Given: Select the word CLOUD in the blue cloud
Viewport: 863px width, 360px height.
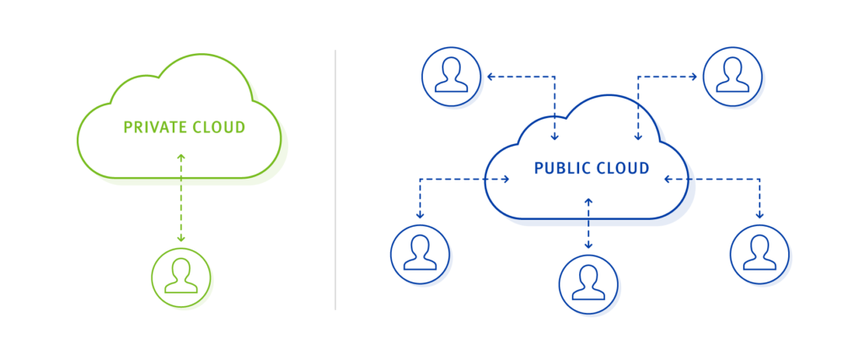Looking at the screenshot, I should tap(623, 169).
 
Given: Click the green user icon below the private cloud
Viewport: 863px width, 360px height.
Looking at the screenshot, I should tap(180, 277).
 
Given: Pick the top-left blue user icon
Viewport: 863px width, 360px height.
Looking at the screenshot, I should tap(451, 77).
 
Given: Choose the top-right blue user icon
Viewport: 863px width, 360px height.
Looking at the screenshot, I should tap(732, 77).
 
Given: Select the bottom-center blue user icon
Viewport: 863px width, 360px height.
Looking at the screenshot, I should tap(588, 283).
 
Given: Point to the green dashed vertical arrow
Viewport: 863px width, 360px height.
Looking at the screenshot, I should tap(180, 198).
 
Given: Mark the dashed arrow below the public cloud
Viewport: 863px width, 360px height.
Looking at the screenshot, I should tap(588, 223).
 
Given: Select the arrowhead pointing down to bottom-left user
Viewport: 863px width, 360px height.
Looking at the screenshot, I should tap(420, 215).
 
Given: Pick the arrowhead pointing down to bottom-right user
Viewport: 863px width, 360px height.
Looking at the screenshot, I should tap(759, 215).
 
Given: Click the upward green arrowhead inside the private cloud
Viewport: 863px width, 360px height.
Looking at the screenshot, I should tap(180, 157).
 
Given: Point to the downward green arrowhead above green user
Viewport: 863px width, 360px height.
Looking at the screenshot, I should tap(180, 239).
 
